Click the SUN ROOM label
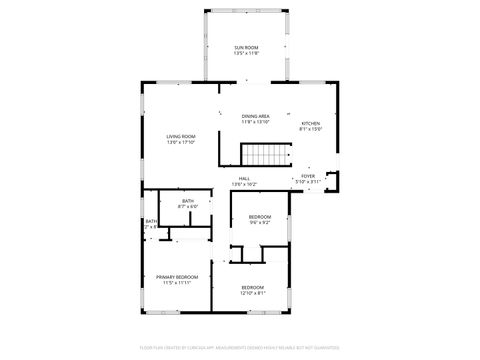point(245,48)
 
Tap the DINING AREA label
point(256,117)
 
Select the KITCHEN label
point(311,123)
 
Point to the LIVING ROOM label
point(181,136)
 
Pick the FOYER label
point(308,176)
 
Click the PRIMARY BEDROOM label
point(177,276)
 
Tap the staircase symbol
point(266,155)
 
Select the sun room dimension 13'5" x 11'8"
point(245,54)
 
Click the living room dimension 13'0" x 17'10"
point(181,142)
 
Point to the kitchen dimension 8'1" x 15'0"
point(311,129)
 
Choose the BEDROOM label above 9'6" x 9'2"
point(260,216)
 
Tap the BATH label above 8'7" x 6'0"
point(188,201)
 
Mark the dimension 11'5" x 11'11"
point(177,282)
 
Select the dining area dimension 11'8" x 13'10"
point(256,123)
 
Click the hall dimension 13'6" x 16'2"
point(244,184)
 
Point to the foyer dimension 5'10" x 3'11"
point(308,182)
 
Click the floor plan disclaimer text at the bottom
point(240,350)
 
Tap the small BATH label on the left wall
point(151,221)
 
